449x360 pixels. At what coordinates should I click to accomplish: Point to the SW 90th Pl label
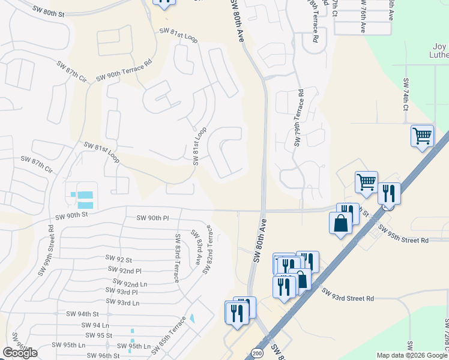pos(153,218)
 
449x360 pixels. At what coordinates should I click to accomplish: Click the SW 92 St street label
pos(118,259)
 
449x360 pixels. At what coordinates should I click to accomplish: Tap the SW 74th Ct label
pos(406,95)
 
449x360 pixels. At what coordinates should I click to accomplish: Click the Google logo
pos(20,353)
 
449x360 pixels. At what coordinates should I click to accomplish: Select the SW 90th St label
pos(71,215)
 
